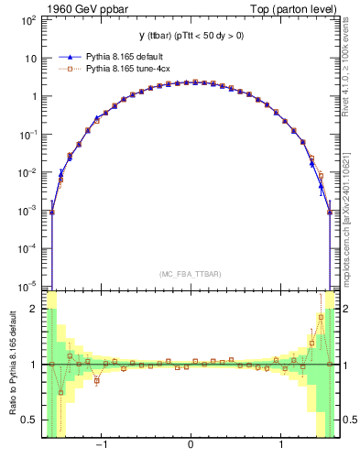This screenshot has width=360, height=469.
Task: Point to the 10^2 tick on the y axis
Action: tap(28, 19)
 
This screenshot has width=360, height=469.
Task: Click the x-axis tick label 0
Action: tap(190, 447)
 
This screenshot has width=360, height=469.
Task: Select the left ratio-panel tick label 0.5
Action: tap(30, 420)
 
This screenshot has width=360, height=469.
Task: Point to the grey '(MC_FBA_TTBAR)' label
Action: tap(190, 274)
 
